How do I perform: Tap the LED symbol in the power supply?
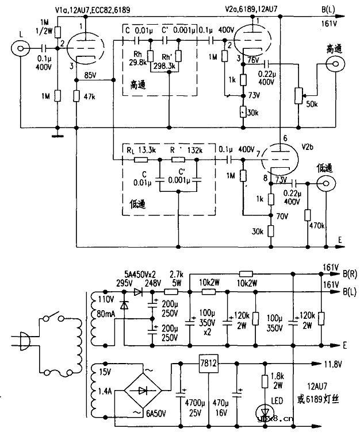pyautogui.click(x=265, y=410)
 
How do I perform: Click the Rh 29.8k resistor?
pyautogui.click(x=151, y=56)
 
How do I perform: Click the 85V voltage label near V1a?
pyautogui.click(x=90, y=75)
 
